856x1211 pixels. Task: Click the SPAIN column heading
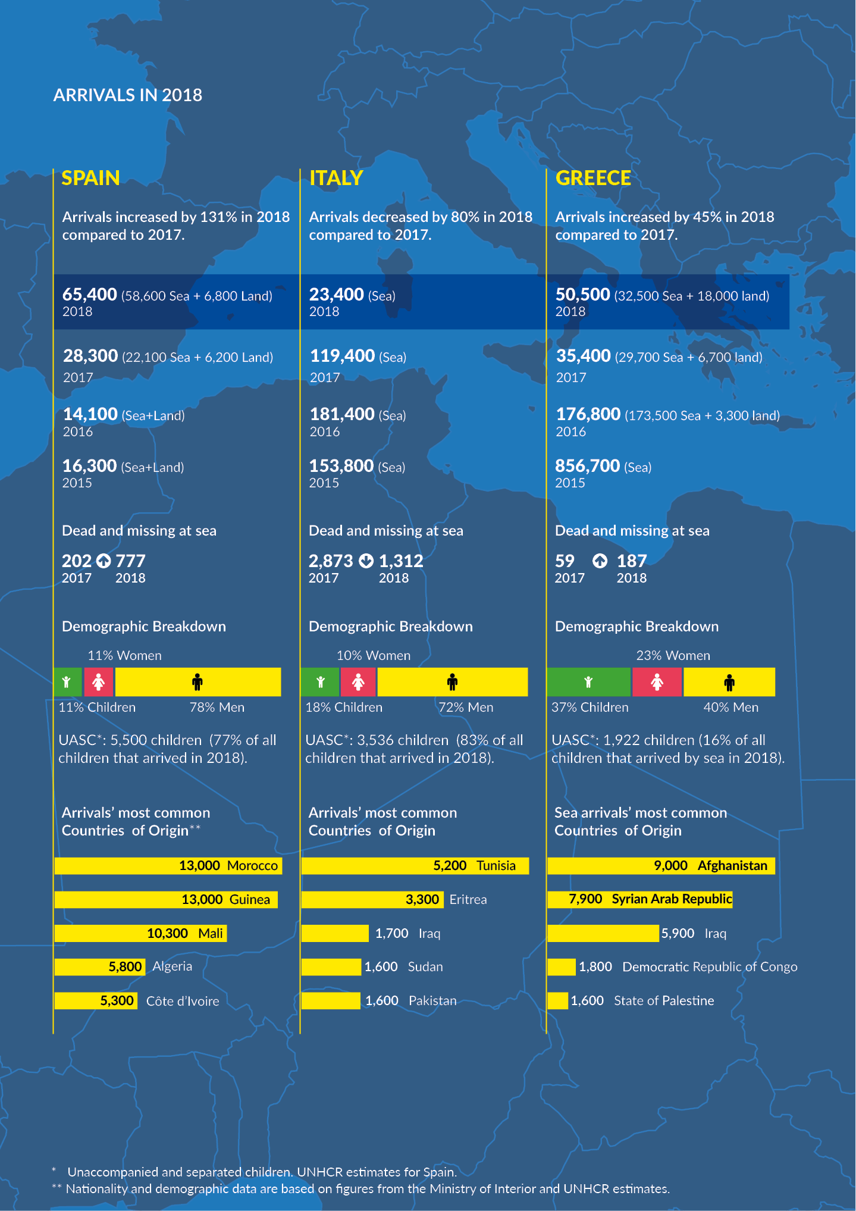[x=90, y=178]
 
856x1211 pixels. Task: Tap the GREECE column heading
[x=592, y=178]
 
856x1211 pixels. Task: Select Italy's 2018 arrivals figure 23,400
[x=336, y=295]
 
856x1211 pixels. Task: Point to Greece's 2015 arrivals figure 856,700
[x=587, y=466]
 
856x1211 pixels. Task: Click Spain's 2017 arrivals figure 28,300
[x=90, y=356]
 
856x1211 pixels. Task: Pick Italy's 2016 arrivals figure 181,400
[x=342, y=414]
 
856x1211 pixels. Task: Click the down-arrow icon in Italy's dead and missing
[x=366, y=561]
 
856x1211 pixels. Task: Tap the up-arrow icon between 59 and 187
[x=600, y=561]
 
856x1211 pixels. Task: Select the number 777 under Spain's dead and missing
[x=130, y=561]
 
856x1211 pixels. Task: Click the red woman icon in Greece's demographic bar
[x=657, y=682]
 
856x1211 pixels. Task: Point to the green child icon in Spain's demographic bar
[x=67, y=682]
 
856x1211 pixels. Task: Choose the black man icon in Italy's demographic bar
[x=452, y=682]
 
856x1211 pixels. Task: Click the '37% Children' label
[x=590, y=708]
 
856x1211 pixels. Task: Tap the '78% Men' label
[x=217, y=708]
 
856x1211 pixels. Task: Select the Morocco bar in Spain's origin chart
[x=168, y=866]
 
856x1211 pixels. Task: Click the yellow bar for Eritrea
[x=372, y=900]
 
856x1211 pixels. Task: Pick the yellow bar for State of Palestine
[x=557, y=1001]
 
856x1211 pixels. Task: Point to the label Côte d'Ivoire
[x=183, y=1002]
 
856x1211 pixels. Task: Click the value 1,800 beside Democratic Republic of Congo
[x=595, y=967]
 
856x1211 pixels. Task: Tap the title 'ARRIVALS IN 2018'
[x=128, y=95]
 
